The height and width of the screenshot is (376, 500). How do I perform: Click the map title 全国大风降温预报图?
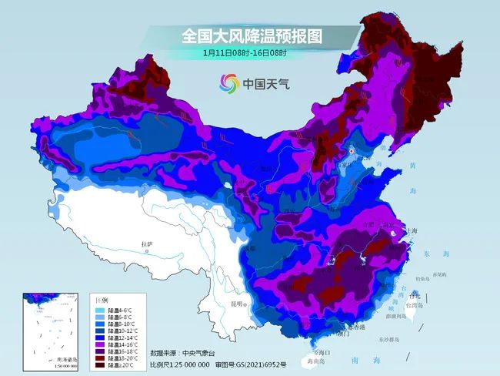(x=251, y=35)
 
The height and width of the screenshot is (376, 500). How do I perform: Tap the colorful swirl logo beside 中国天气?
(x=228, y=83)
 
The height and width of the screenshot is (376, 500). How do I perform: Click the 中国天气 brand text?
(x=266, y=83)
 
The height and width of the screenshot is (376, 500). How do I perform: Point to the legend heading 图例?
(x=101, y=299)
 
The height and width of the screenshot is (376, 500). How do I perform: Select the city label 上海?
(x=413, y=230)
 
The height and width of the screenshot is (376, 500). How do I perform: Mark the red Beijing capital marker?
(x=352, y=152)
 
